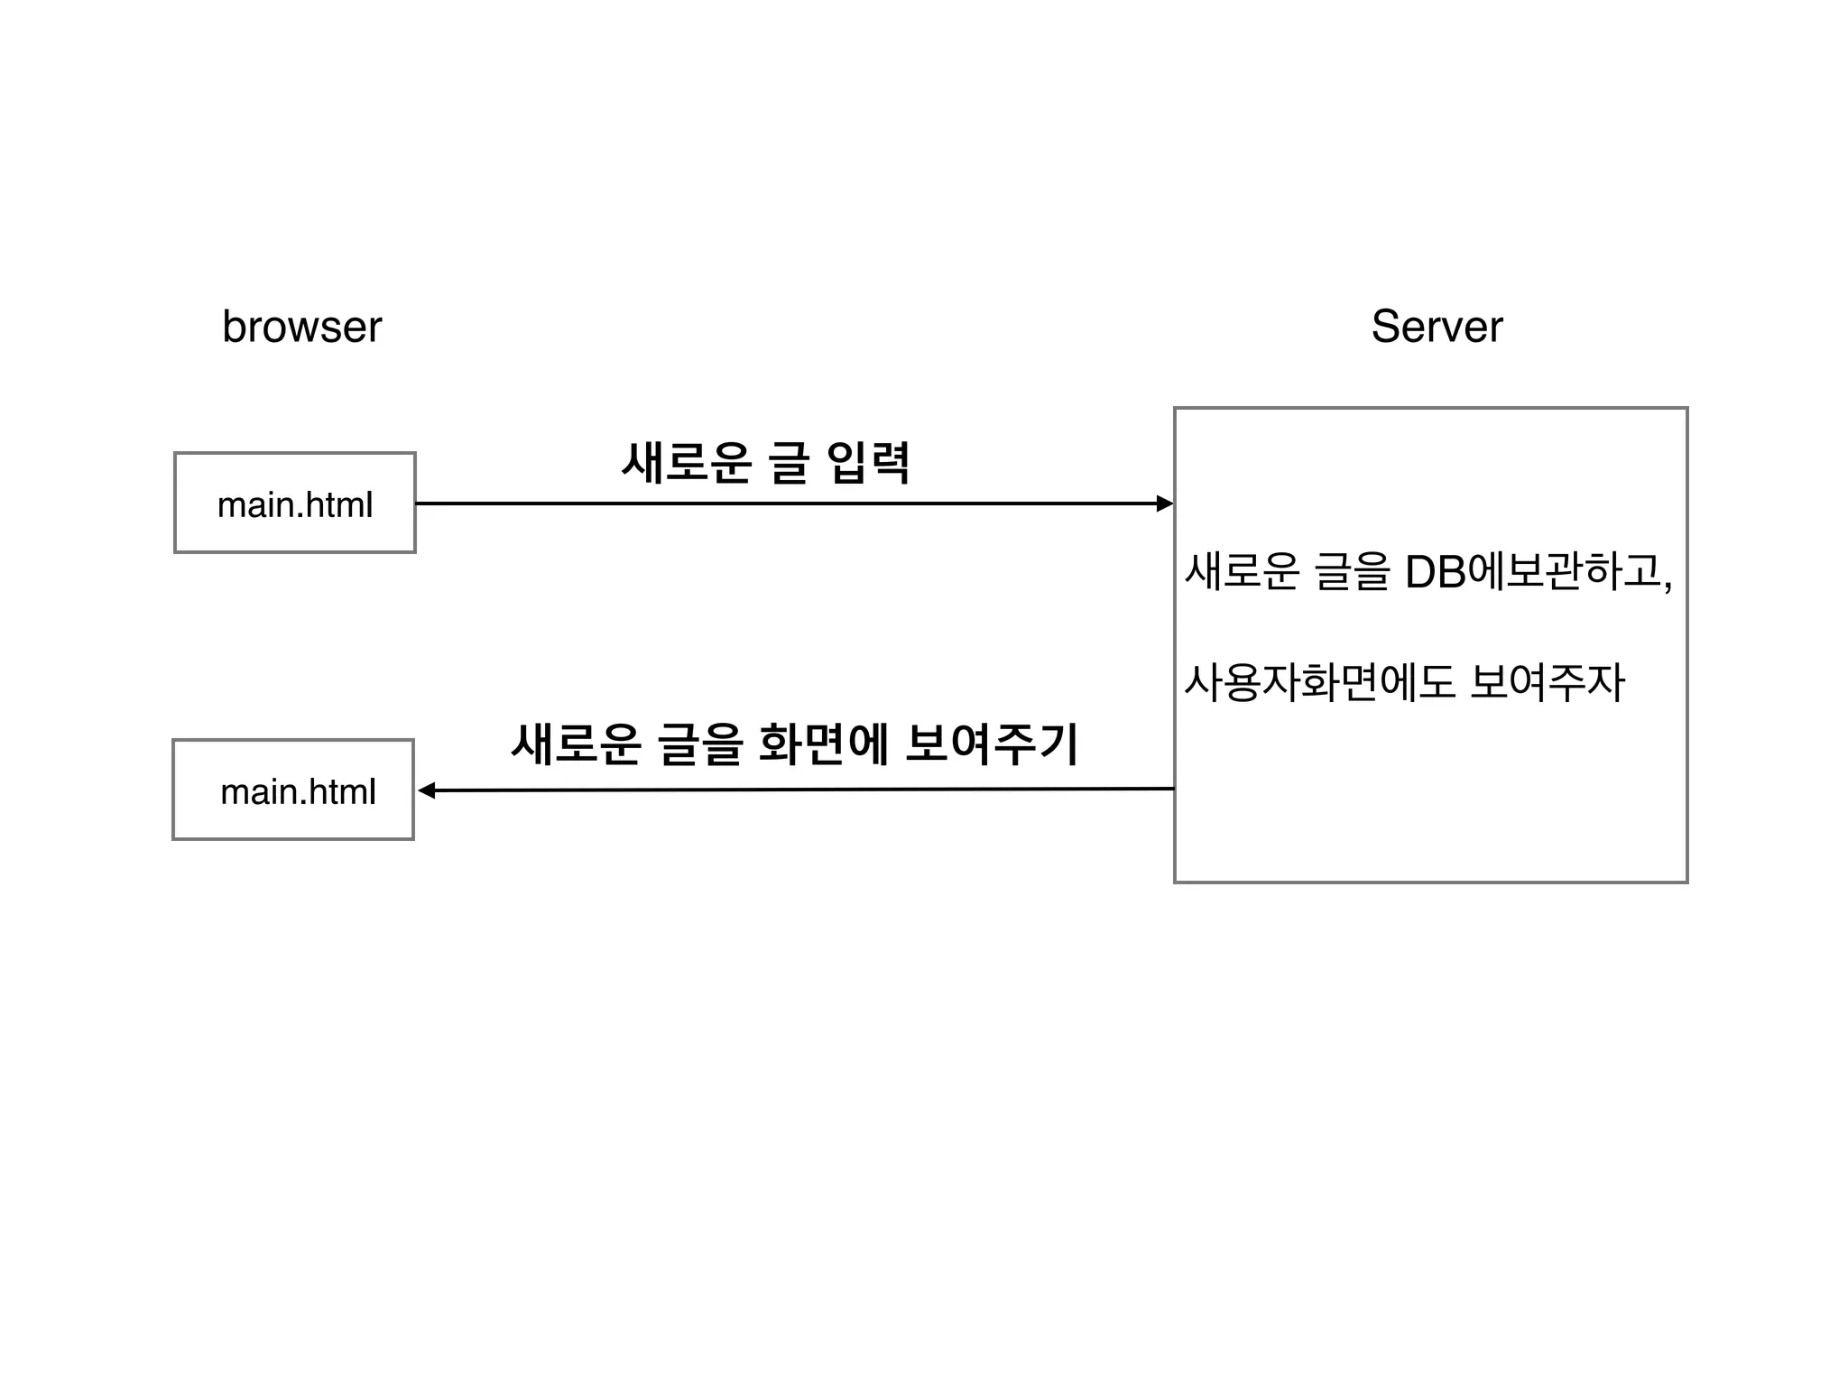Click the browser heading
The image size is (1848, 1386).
[x=301, y=327]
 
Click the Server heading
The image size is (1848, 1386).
[x=1437, y=327]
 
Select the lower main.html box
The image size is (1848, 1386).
[x=293, y=790]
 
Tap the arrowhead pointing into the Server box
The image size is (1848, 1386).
[x=1165, y=504]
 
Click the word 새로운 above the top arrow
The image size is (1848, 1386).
[x=687, y=464]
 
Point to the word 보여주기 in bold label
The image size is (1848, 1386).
[x=991, y=745]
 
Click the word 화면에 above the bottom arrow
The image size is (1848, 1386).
[x=824, y=745]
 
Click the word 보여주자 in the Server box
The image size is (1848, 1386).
[x=1547, y=682]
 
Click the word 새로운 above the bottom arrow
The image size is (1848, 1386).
[x=576, y=745]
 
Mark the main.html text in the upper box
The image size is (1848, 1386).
[x=294, y=505]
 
